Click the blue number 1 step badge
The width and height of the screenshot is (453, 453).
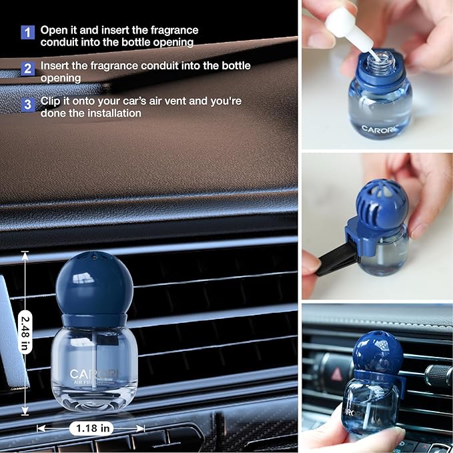(27, 31)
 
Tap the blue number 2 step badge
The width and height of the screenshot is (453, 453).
(27, 68)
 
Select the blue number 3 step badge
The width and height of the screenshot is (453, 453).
(27, 104)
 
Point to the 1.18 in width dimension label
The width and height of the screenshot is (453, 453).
(90, 428)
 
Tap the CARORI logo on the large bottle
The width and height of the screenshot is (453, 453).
(93, 374)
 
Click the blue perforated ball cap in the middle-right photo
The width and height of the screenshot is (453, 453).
(382, 203)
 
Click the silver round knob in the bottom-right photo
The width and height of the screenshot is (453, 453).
(438, 375)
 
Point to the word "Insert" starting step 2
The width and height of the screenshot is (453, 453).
(56, 66)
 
